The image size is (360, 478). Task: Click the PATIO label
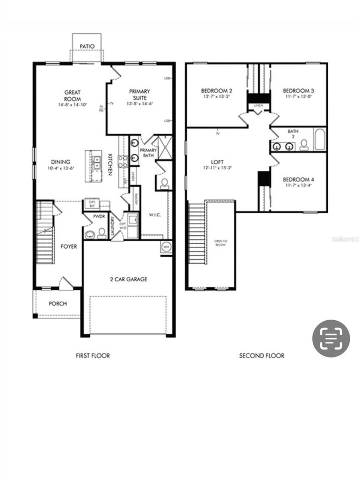(x=87, y=46)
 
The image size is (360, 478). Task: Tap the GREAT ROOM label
(x=72, y=96)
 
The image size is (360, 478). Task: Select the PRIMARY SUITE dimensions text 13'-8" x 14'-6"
(x=140, y=104)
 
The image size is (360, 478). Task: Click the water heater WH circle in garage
(x=166, y=247)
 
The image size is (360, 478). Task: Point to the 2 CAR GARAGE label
(x=129, y=279)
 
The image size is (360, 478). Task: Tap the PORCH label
(x=58, y=303)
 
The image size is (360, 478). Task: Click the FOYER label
(x=69, y=246)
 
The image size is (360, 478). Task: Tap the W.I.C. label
(x=155, y=215)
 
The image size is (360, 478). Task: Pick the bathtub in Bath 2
(x=320, y=139)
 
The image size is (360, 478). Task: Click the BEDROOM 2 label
(x=217, y=90)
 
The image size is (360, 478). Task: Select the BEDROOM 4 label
(x=296, y=179)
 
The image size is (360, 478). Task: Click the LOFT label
(x=217, y=162)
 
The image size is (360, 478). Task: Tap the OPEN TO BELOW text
(x=221, y=243)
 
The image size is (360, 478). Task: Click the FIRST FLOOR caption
(x=93, y=356)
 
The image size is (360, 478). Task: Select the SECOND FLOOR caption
(x=262, y=356)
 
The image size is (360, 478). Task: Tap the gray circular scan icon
(x=331, y=338)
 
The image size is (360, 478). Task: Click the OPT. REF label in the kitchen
(x=92, y=204)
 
